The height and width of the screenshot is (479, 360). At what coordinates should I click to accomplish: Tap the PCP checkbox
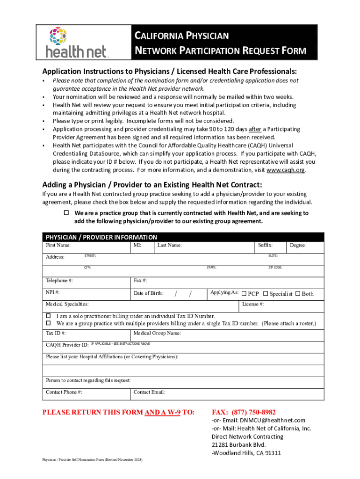click(244, 294)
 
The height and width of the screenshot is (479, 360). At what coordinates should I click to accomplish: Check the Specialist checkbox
click(266, 294)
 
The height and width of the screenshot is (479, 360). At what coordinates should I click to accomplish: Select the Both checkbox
click(298, 294)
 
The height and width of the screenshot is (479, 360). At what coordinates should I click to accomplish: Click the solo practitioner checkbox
click(48, 316)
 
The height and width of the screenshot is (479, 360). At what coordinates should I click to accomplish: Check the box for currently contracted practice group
click(66, 213)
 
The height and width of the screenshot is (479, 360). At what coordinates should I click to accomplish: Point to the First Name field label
click(58, 245)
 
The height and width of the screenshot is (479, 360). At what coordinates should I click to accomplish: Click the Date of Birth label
click(148, 293)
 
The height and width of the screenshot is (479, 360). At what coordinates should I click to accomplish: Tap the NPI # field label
click(52, 292)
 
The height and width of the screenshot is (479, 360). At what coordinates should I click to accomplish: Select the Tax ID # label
click(56, 334)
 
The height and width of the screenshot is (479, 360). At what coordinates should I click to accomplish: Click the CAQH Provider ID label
click(67, 345)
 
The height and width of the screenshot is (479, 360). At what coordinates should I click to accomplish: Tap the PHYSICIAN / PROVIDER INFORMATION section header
click(101, 237)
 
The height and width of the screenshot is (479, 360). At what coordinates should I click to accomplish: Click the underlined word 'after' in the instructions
click(255, 129)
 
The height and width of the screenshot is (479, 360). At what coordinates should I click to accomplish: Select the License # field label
click(253, 305)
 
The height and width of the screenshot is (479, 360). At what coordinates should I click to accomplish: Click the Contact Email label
click(150, 392)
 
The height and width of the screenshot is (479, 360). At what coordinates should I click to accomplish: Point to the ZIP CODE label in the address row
click(275, 268)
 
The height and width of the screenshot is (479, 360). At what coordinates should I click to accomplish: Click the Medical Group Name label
click(157, 334)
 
